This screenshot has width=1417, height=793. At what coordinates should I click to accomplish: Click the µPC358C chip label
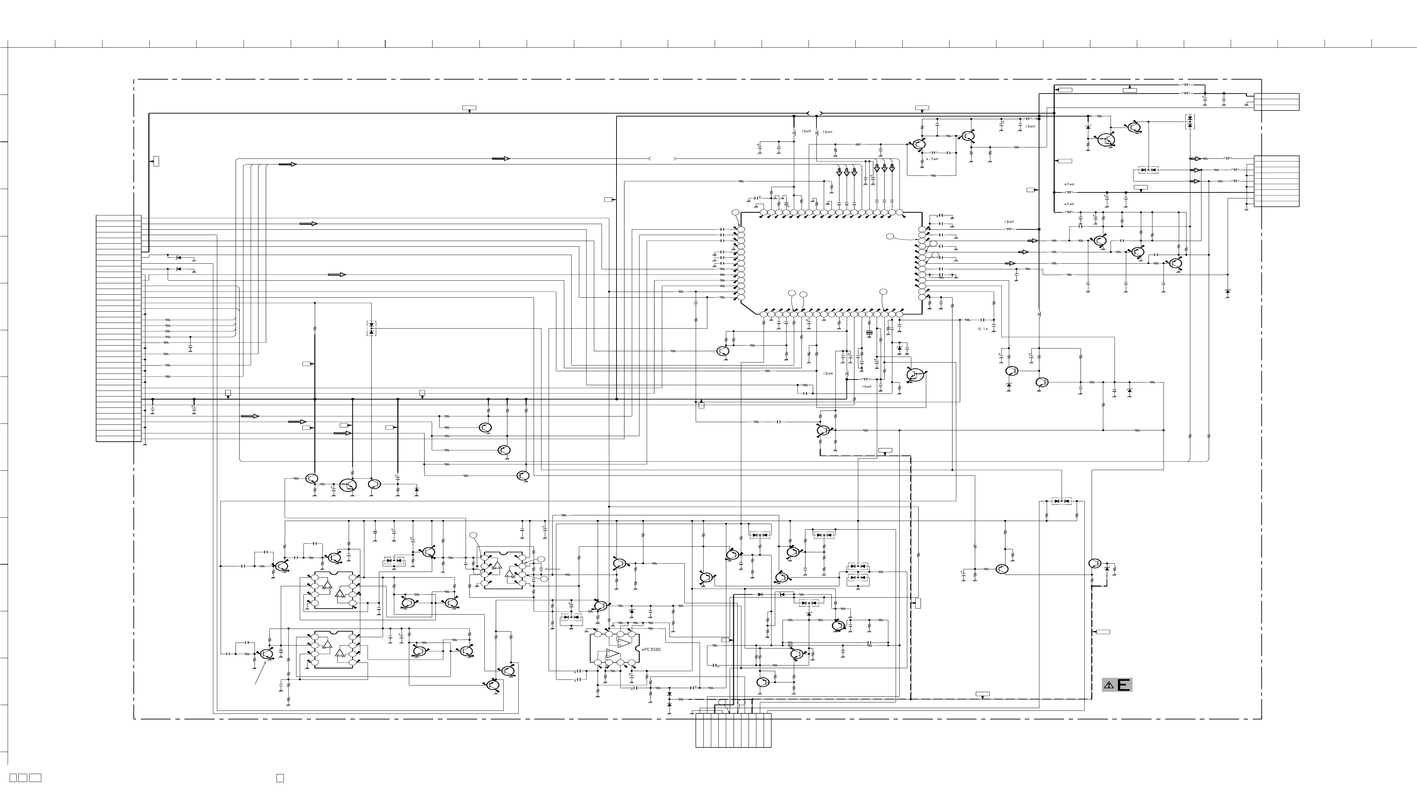coord(651,650)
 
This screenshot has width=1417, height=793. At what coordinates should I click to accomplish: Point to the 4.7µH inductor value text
coord(932,159)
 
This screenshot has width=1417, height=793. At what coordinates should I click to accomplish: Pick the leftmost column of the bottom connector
coord(699,730)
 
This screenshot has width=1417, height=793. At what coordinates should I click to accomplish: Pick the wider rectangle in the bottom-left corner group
coord(35,778)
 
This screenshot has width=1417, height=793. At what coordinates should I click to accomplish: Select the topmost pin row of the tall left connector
coord(118,217)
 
